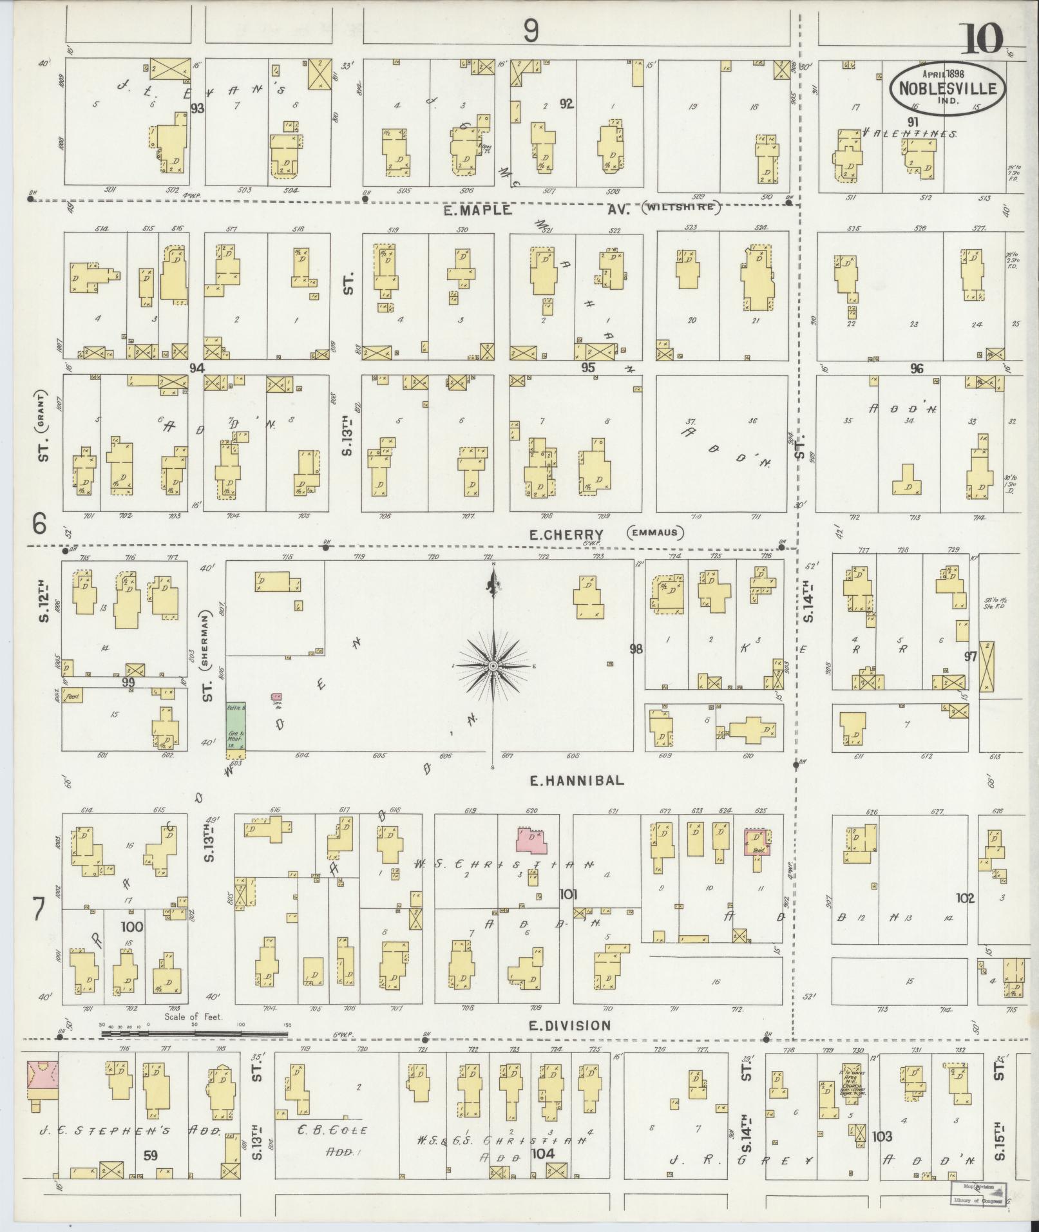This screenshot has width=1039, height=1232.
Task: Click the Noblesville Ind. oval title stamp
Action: [948, 88]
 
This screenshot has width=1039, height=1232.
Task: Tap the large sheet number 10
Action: [984, 40]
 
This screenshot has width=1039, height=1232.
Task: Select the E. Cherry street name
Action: [566, 534]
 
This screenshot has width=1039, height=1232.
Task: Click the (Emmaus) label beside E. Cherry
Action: [654, 533]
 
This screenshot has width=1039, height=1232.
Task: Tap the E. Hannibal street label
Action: [577, 780]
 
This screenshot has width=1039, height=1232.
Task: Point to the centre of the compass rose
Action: [493, 665]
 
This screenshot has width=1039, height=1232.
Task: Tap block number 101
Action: [568, 894]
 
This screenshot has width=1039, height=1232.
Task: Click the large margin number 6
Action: [40, 526]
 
